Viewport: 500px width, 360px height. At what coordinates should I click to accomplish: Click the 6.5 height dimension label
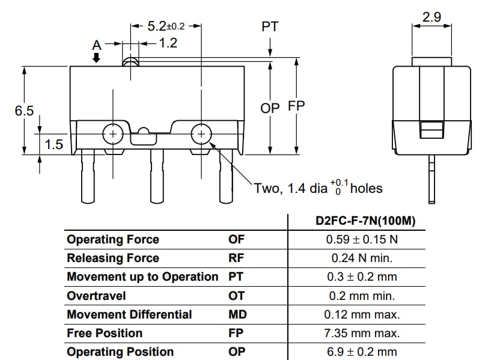tap(25, 111)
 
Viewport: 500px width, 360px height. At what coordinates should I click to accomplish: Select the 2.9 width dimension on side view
tap(431, 17)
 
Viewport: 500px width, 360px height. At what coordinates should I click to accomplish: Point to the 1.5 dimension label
tap(54, 145)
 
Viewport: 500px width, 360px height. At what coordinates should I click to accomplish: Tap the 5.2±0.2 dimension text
tap(166, 26)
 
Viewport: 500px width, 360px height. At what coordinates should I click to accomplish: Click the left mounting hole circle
tap(112, 134)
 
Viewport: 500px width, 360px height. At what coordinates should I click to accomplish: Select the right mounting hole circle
tap(201, 134)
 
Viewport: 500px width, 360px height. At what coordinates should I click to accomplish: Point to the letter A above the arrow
tap(96, 44)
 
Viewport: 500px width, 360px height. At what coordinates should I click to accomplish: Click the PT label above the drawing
tap(270, 27)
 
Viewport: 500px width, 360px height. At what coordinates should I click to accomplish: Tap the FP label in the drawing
tap(296, 106)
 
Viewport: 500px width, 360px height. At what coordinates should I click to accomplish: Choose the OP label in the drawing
tap(270, 108)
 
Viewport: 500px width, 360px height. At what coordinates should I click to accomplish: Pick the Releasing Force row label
tap(113, 258)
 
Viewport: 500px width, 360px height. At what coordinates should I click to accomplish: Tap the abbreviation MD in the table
tap(237, 314)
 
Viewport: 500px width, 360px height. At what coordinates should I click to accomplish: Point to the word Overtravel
tap(97, 296)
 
